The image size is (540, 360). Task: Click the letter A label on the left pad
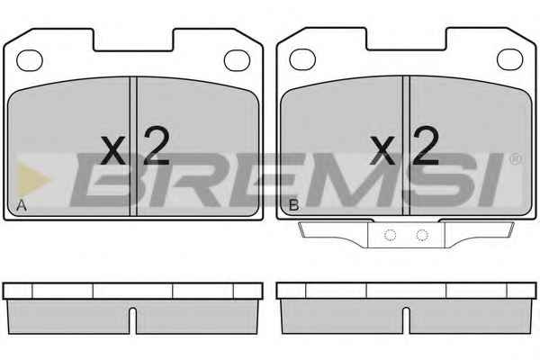click(x=22, y=205)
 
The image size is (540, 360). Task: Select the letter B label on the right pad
click(x=293, y=205)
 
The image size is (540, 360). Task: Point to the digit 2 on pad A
click(x=157, y=146)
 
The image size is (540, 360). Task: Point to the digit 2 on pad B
click(x=427, y=145)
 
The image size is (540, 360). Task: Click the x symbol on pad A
click(x=113, y=150)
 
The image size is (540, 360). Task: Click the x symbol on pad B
click(x=382, y=149)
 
